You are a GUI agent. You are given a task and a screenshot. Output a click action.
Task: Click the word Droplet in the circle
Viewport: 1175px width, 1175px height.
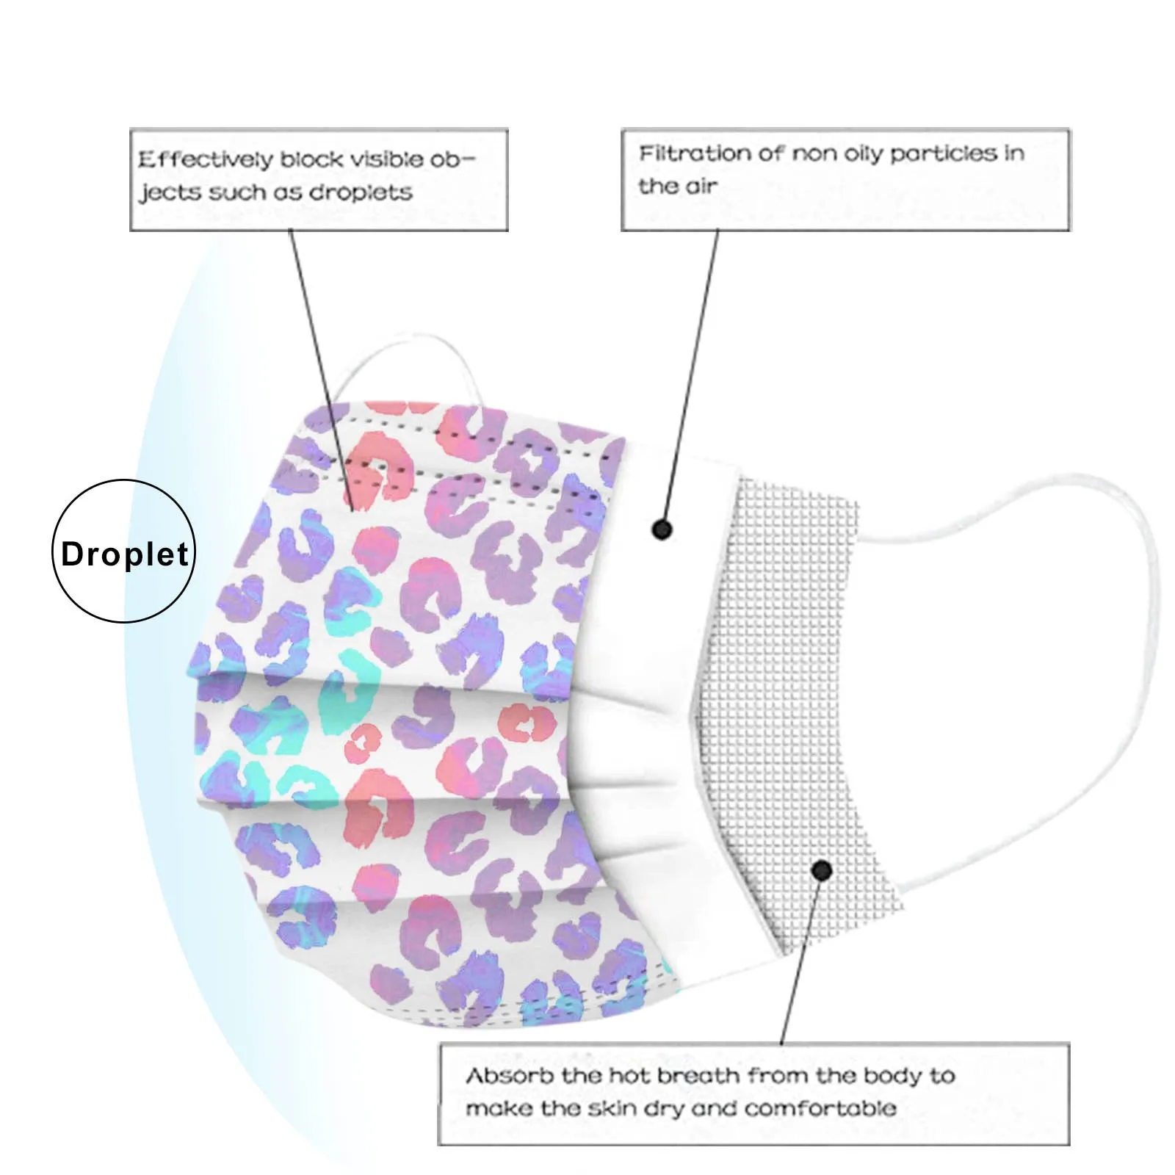click(124, 554)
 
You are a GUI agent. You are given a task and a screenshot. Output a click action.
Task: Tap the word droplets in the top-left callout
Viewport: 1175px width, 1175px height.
click(361, 192)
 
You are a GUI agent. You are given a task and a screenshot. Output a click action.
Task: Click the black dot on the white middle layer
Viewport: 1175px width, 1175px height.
click(662, 529)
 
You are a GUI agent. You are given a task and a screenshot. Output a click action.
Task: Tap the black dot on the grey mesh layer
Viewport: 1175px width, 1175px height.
click(822, 871)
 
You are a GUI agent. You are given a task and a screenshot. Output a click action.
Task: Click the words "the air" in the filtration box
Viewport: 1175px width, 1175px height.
click(677, 187)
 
